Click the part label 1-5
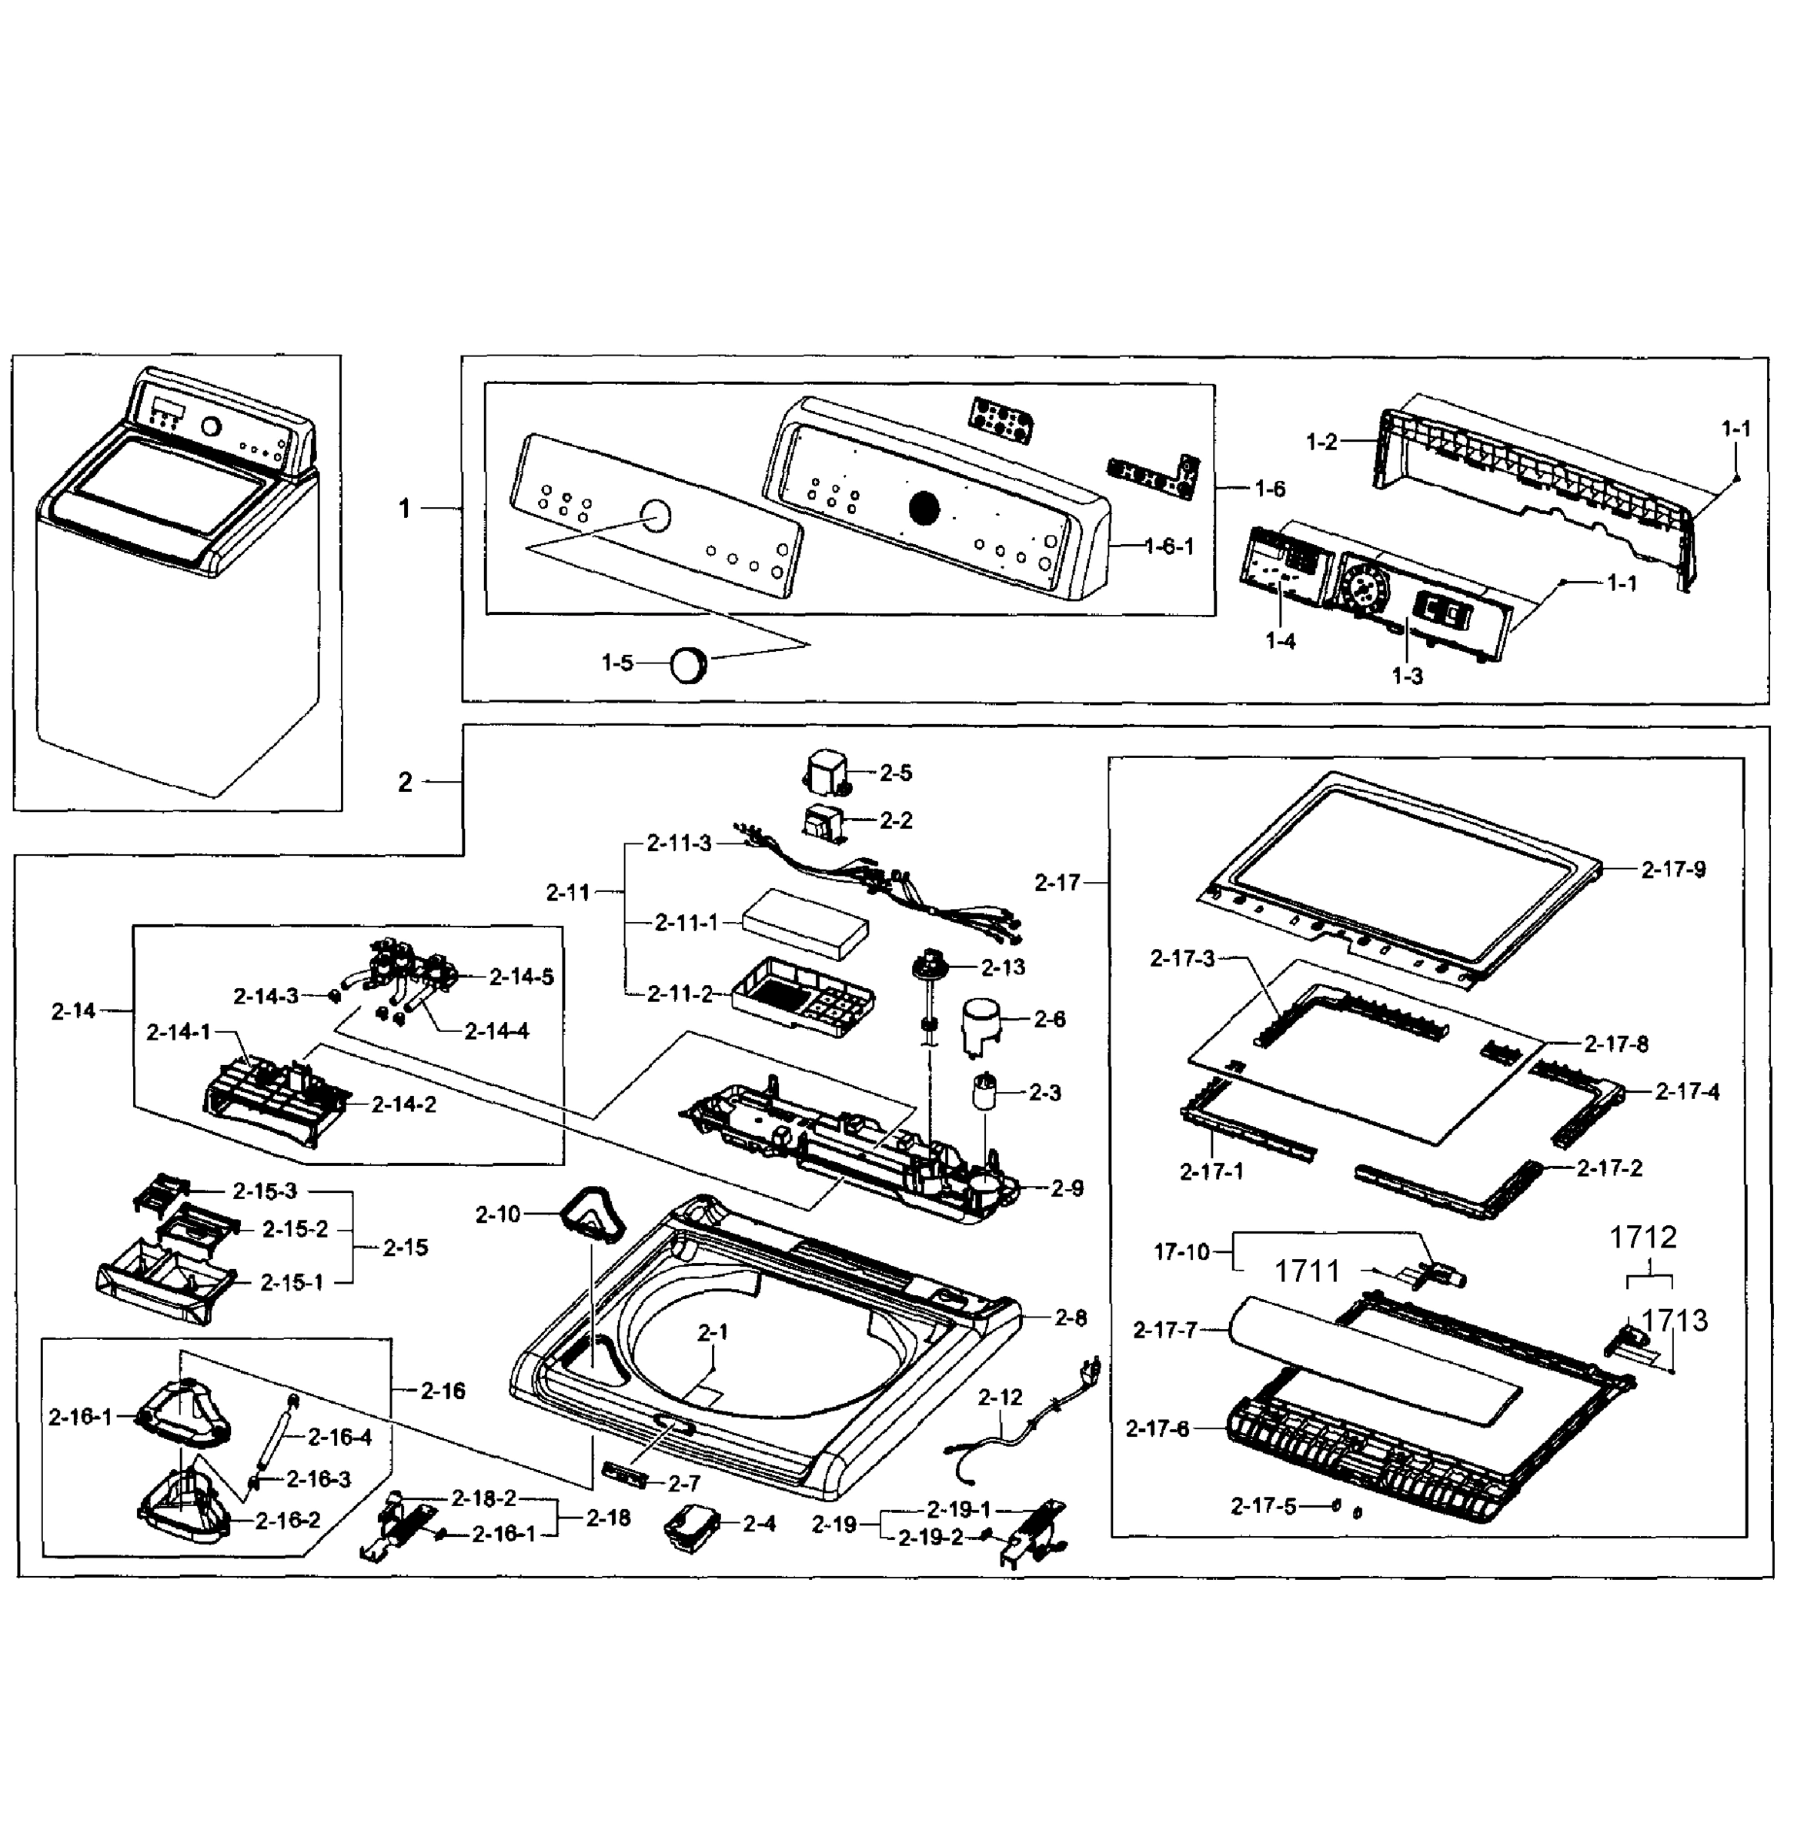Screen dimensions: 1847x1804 [x=616, y=663]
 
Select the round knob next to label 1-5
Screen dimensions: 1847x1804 [x=689, y=664]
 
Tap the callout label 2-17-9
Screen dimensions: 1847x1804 [x=1673, y=869]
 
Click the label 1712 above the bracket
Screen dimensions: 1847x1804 [x=1643, y=1237]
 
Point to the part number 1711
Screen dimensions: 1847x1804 [x=1307, y=1271]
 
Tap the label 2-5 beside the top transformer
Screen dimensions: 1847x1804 [x=895, y=773]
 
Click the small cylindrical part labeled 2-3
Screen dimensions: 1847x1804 [x=985, y=1094]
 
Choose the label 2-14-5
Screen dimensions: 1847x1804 [x=521, y=976]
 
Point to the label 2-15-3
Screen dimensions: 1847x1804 [x=264, y=1191]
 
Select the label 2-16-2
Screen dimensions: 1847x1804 [x=287, y=1520]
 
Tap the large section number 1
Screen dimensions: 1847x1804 [x=405, y=509]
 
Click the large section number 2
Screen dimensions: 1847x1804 [x=405, y=782]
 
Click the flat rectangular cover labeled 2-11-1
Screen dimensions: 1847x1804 [x=807, y=923]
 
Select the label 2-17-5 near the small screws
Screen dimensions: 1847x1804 [x=1263, y=1506]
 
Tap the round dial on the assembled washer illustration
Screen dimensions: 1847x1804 [x=212, y=426]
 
